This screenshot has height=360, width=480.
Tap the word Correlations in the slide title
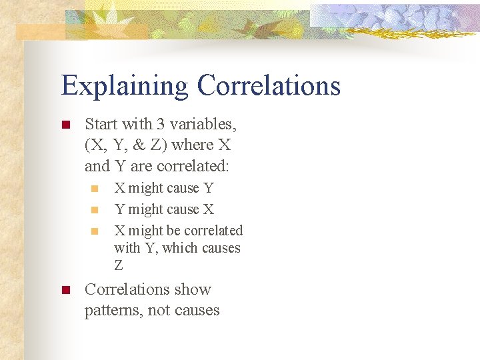click(x=269, y=85)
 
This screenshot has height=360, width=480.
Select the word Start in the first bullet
click(x=101, y=124)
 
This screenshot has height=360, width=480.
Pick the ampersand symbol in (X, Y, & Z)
click(x=140, y=145)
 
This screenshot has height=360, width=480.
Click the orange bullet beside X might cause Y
click(x=95, y=189)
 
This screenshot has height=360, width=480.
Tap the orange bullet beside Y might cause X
click(x=95, y=210)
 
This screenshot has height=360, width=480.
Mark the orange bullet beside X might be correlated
click(x=95, y=231)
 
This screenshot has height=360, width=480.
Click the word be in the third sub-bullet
click(x=173, y=231)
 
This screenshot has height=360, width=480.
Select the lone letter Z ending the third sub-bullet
click(x=119, y=265)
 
